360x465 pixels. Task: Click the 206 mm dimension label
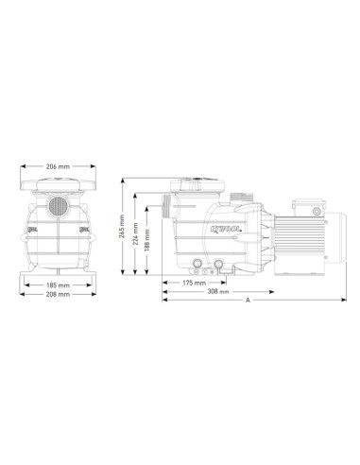pos(58,166)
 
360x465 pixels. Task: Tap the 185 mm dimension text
pos(58,285)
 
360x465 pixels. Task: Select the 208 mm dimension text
pos(58,294)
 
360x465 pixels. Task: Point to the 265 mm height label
pos(122,226)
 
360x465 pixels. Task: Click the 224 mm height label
pos(135,234)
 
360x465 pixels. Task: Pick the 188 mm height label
pos(146,240)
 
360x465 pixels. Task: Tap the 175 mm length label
pos(194,283)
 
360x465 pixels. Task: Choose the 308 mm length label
pos(218,292)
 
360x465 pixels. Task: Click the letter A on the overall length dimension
pos(248,301)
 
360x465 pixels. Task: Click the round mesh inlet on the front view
pos(58,206)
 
